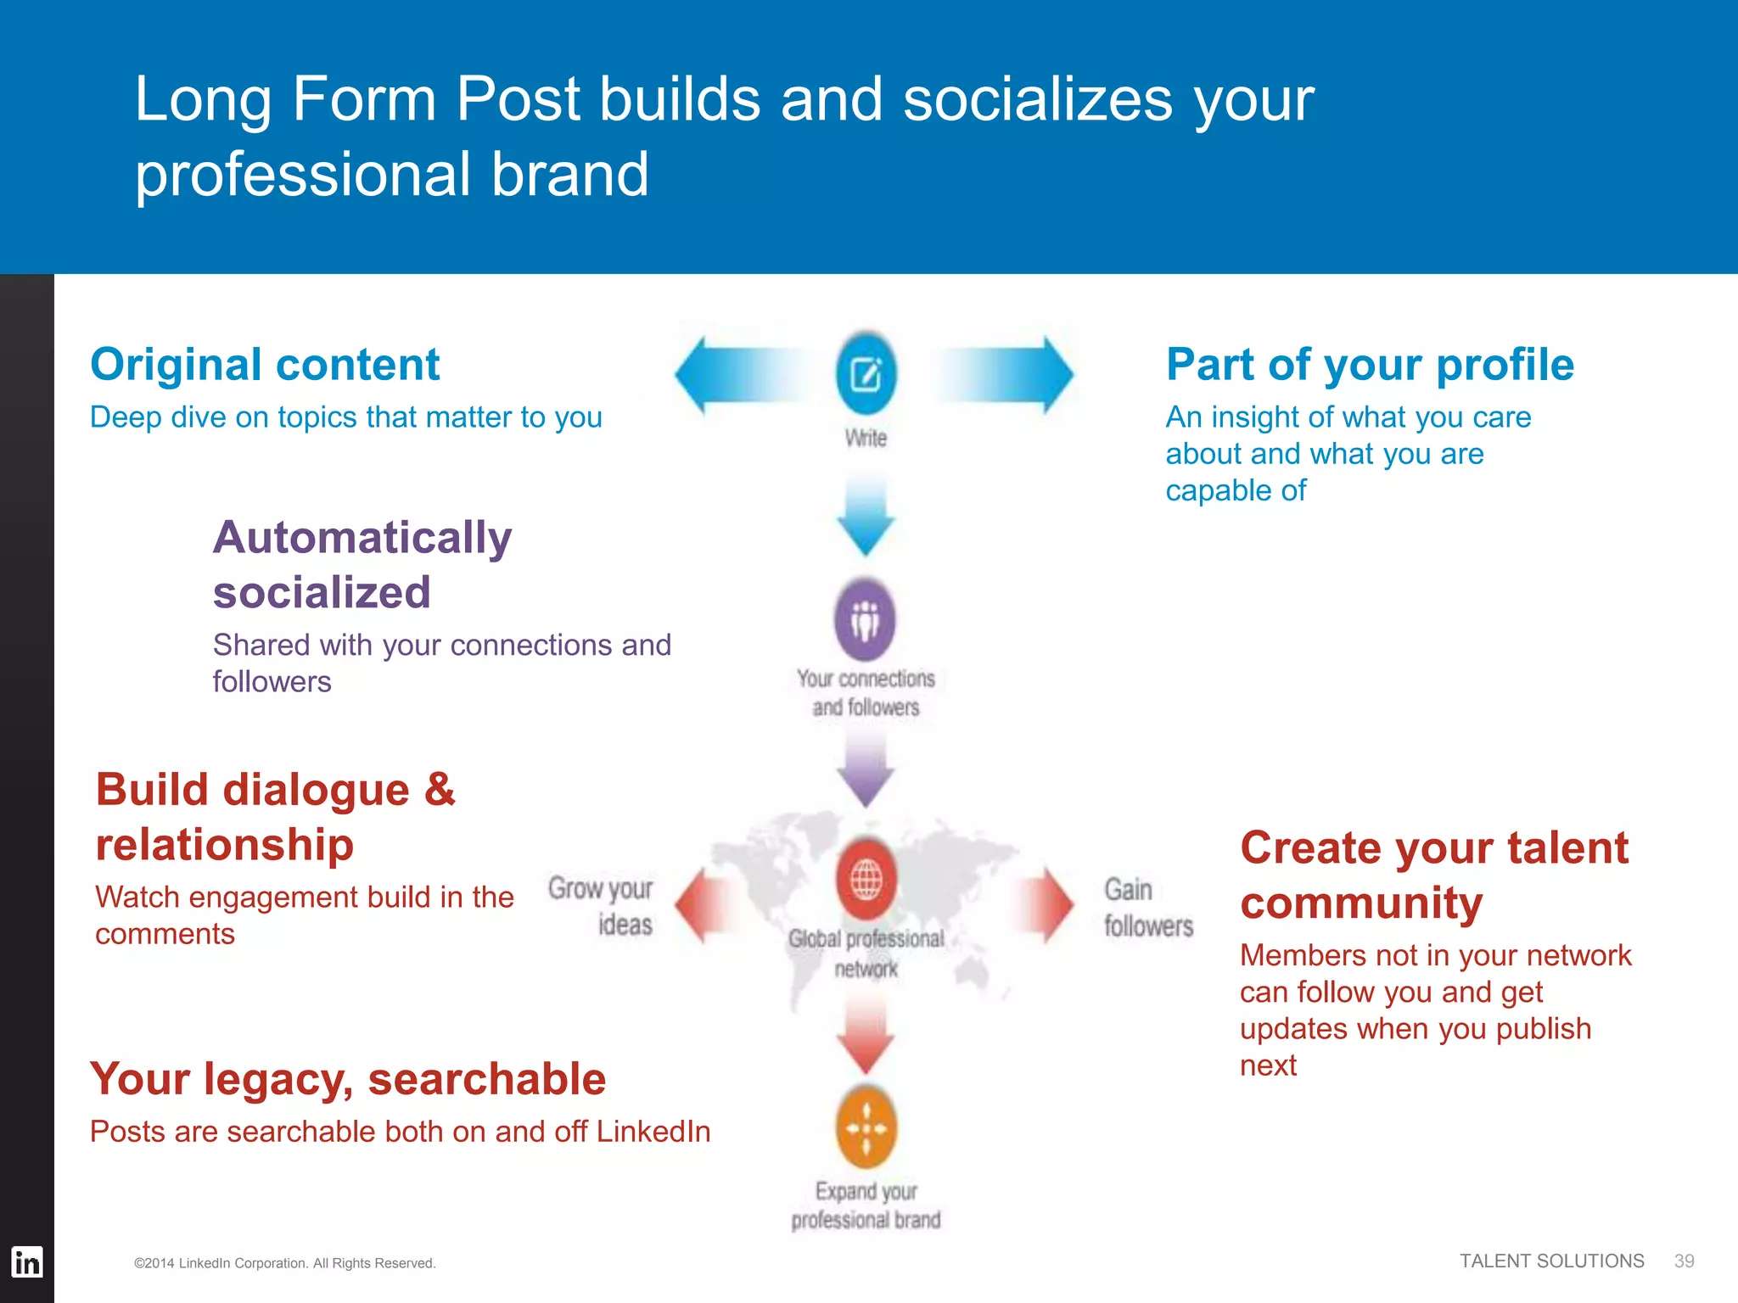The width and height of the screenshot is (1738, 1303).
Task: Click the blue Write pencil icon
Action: point(866,374)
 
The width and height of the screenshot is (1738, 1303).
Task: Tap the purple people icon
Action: point(865,620)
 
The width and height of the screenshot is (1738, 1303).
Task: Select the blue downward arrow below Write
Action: point(866,517)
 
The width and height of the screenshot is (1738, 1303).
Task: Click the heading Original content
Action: point(265,365)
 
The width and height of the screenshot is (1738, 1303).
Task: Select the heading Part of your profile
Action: point(1370,365)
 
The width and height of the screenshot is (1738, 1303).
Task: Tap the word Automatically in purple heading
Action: point(362,538)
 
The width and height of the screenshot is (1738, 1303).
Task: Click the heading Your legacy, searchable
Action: point(348,1079)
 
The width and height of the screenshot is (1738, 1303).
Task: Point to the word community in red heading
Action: point(1361,903)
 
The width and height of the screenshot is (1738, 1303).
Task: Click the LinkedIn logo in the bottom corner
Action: point(27,1262)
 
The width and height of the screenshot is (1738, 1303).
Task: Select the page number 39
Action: point(1684,1261)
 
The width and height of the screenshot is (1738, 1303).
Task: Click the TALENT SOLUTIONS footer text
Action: point(1551,1261)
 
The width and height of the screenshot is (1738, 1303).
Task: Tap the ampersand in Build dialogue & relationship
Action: point(440,790)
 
